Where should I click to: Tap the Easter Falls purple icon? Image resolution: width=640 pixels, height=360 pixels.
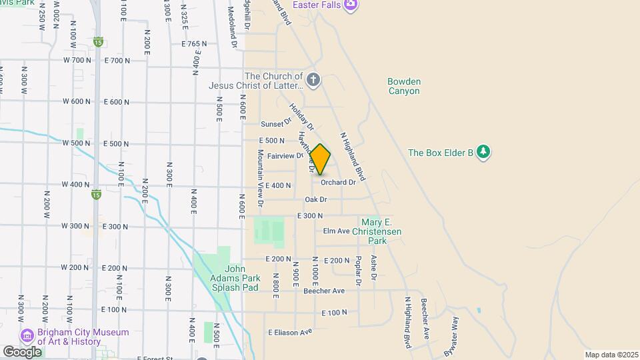click(351, 5)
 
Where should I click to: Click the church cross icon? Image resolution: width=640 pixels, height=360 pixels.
click(313, 81)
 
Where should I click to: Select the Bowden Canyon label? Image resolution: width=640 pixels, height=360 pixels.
click(404, 86)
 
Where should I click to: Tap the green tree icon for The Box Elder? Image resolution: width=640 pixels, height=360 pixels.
click(483, 153)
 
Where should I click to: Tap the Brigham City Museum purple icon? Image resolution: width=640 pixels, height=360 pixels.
click(27, 335)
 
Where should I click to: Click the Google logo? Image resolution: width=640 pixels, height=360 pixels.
click(22, 351)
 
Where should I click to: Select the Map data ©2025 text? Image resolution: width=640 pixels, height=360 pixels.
click(610, 355)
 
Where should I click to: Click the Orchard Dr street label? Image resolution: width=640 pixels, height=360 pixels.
click(338, 182)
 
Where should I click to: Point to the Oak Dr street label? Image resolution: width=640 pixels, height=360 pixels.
click(316, 199)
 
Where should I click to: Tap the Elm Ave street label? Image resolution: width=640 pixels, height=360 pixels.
click(337, 231)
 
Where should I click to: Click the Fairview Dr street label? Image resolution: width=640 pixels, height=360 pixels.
click(285, 156)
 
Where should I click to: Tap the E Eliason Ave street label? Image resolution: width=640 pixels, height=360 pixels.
click(290, 332)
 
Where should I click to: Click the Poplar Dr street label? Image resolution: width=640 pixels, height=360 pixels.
click(358, 271)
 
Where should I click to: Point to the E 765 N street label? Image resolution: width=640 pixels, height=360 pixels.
click(194, 44)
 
